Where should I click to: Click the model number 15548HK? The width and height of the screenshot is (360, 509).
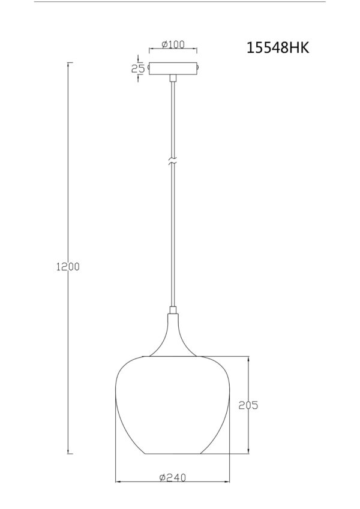point(278,48)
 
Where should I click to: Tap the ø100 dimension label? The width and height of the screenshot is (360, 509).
point(173,44)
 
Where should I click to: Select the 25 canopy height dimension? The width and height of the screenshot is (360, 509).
point(138,68)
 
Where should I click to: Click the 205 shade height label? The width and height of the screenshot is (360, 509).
point(248,405)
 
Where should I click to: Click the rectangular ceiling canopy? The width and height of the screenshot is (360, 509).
point(173,68)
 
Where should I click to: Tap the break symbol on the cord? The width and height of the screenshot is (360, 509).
point(173,161)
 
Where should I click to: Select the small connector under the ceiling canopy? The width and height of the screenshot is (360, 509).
point(173,78)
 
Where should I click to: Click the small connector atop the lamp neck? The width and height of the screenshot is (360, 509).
point(173,310)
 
